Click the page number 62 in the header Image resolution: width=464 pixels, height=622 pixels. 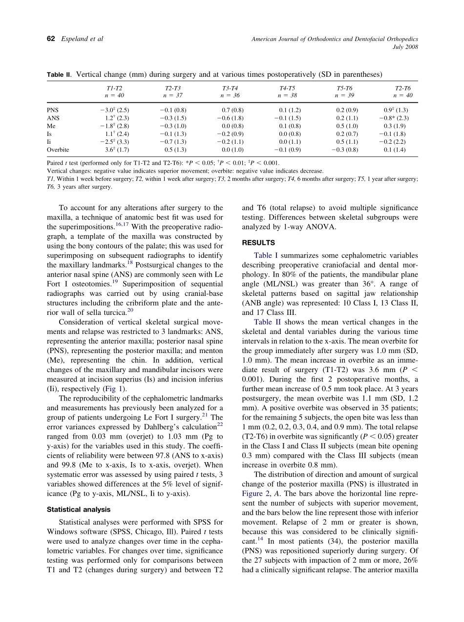50,39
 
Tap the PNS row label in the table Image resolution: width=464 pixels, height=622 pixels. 52,110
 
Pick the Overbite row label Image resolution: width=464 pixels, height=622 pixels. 58,150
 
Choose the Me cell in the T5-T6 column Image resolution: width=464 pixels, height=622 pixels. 345,126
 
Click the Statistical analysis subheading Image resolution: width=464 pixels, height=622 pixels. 78,510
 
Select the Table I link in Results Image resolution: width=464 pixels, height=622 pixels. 265,255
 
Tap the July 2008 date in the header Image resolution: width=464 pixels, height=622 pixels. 405,47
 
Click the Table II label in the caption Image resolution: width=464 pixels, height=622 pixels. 58,74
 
